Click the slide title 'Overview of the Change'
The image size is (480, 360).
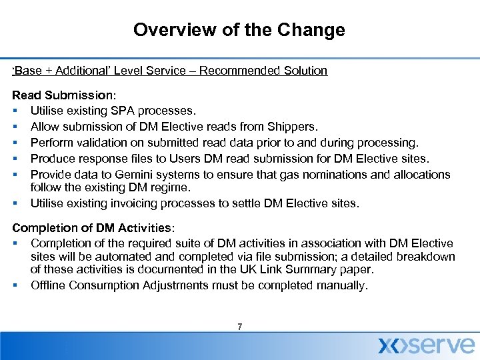(239, 30)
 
